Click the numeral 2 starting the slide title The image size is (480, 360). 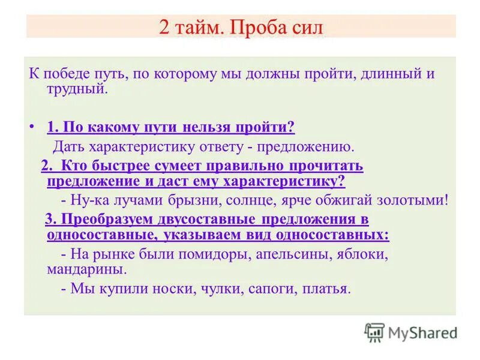(164, 28)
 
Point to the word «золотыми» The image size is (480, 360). (413, 200)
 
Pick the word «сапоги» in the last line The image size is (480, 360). (270, 289)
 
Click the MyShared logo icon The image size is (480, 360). (374, 332)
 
